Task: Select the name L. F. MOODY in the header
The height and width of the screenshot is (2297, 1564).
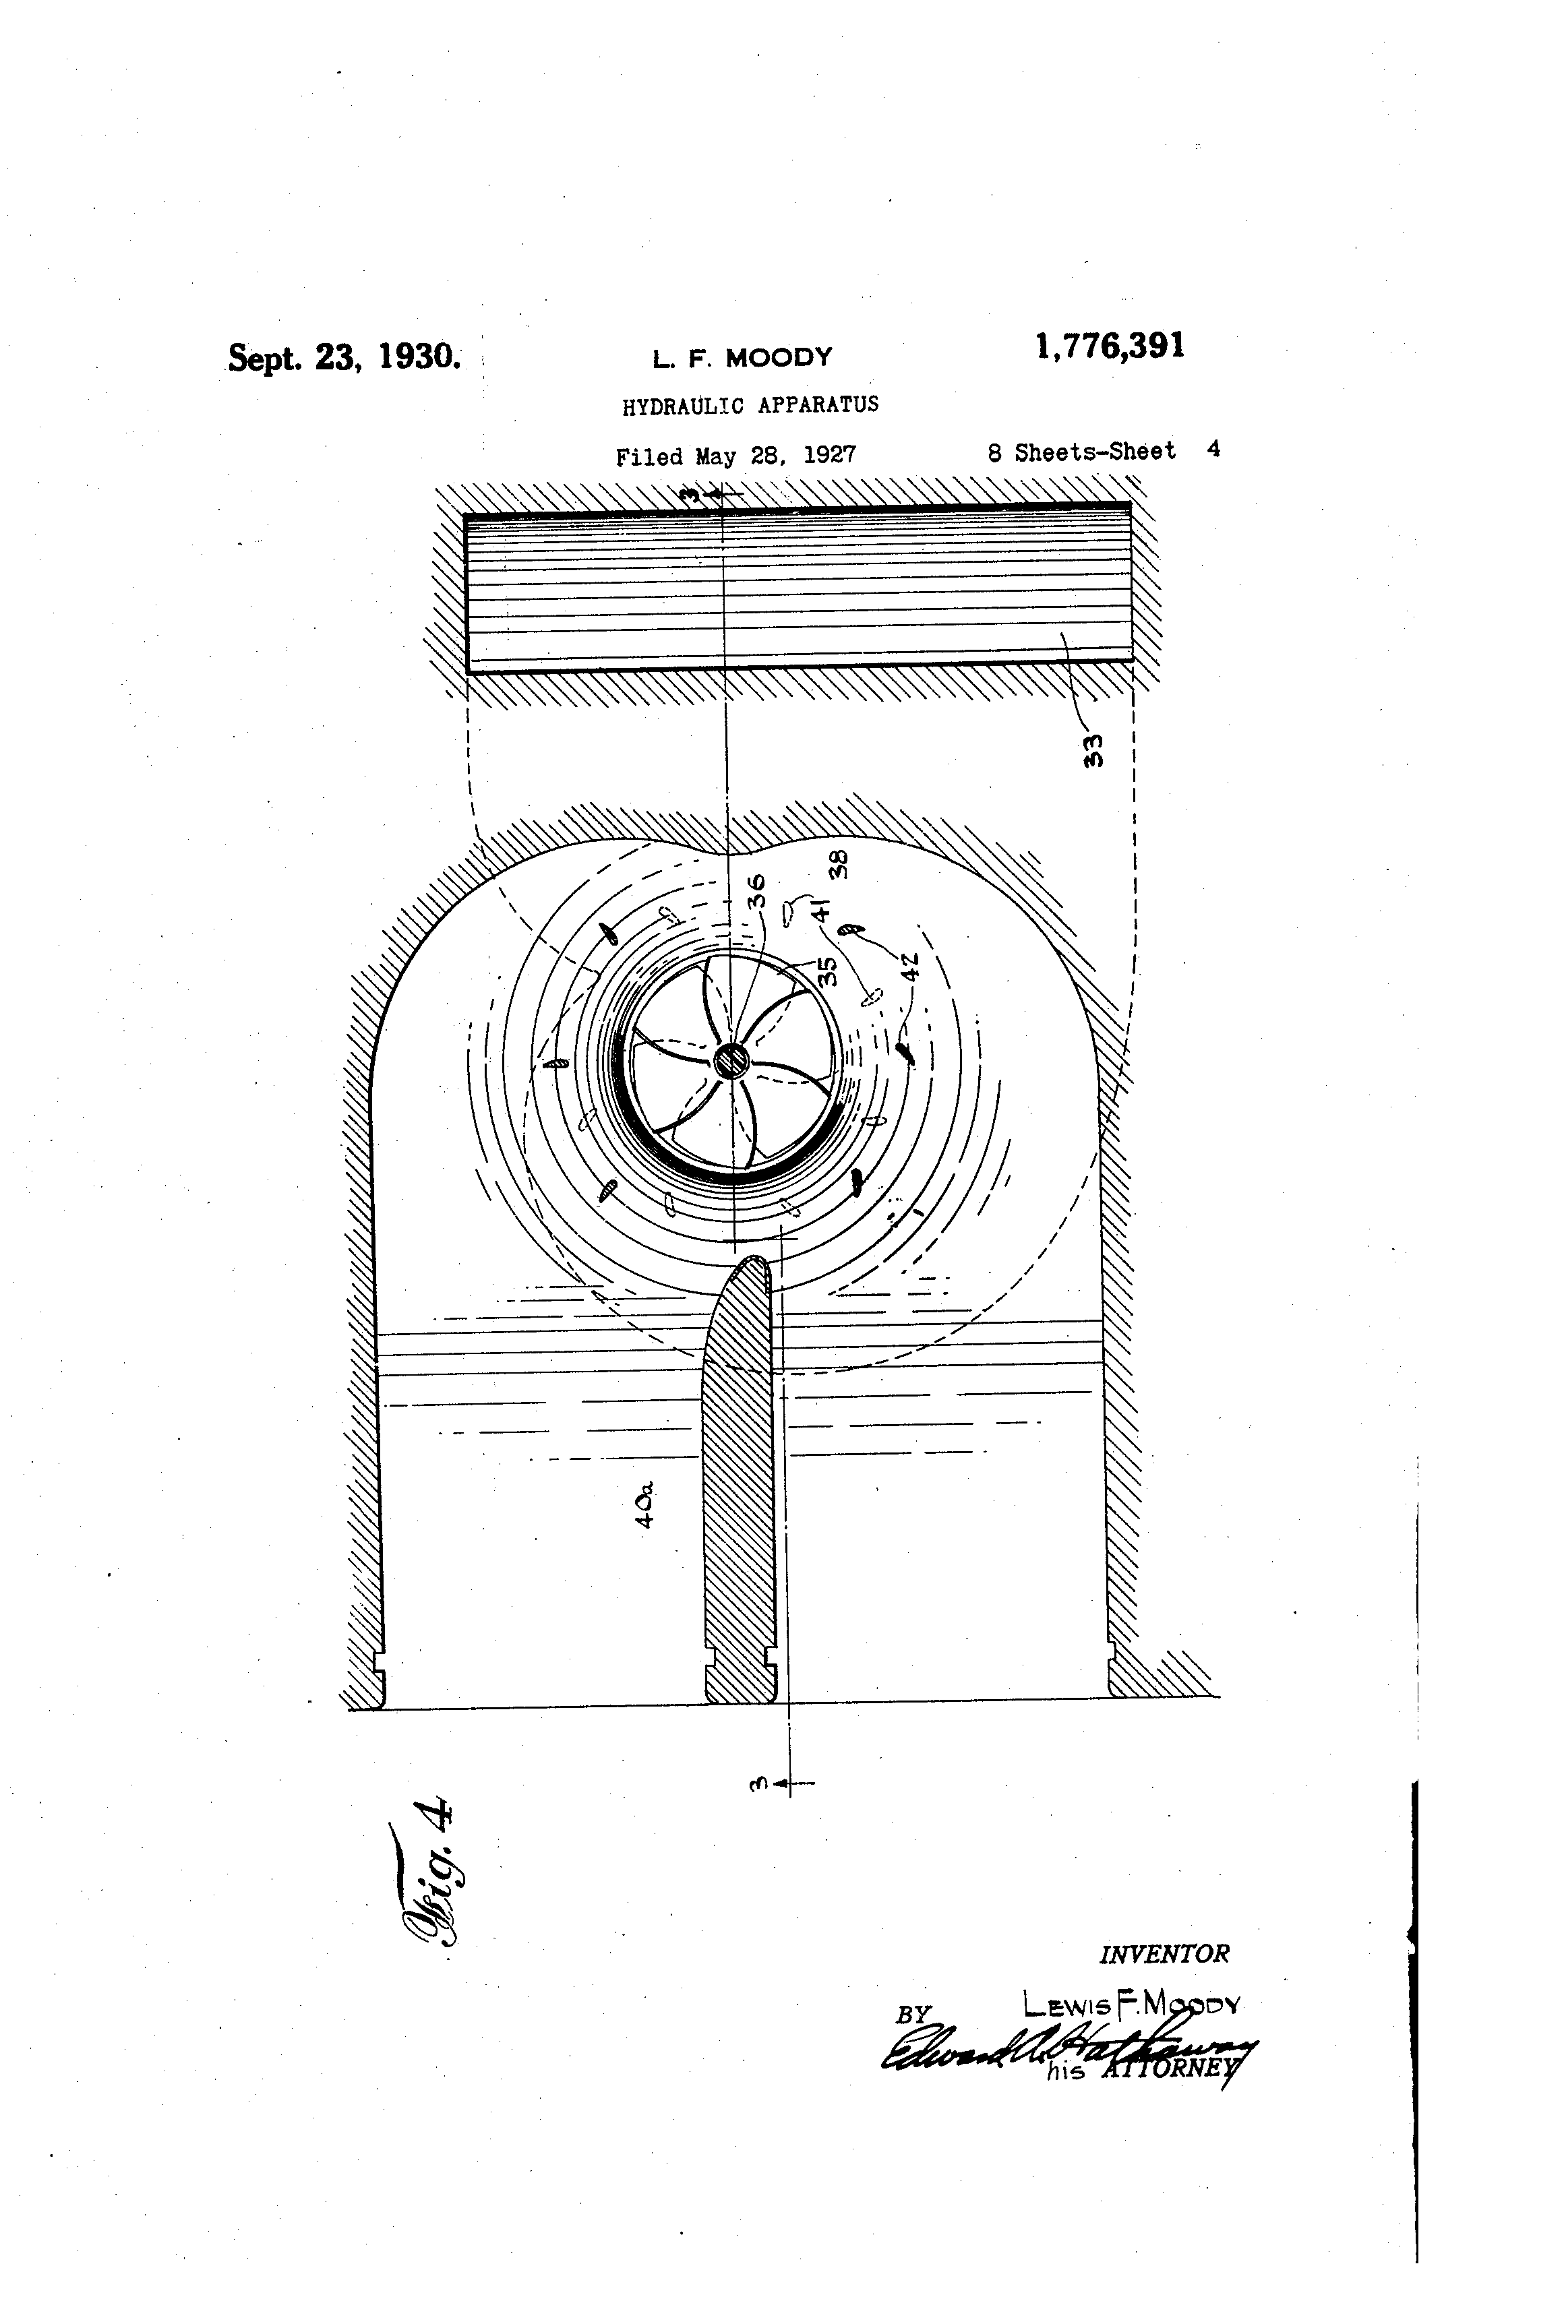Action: pyautogui.click(x=742, y=358)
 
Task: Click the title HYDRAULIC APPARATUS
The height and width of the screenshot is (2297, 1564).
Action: pyautogui.click(x=750, y=404)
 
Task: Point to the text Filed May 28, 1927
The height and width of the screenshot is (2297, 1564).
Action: pyautogui.click(x=735, y=456)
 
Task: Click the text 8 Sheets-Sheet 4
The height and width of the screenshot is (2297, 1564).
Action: pyautogui.click(x=1102, y=451)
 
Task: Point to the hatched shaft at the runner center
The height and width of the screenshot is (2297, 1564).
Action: pyautogui.click(x=733, y=1062)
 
